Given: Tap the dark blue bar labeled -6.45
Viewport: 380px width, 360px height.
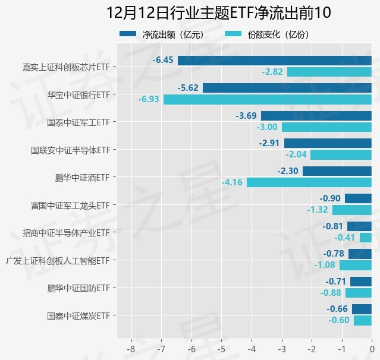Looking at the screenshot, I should tap(274, 60).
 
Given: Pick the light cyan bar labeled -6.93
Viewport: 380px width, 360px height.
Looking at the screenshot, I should tap(267, 99).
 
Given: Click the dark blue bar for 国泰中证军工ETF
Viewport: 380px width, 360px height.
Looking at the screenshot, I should tap(316, 115).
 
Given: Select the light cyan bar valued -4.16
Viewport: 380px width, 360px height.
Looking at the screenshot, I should tap(309, 182).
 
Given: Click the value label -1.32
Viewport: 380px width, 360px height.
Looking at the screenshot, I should tap(318, 210).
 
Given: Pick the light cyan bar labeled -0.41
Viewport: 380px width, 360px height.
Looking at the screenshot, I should tap(365, 238).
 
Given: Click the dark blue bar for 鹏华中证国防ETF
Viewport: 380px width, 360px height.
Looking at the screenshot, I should tap(360, 282).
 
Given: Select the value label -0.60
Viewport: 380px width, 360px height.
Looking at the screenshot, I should tap(339, 320).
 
